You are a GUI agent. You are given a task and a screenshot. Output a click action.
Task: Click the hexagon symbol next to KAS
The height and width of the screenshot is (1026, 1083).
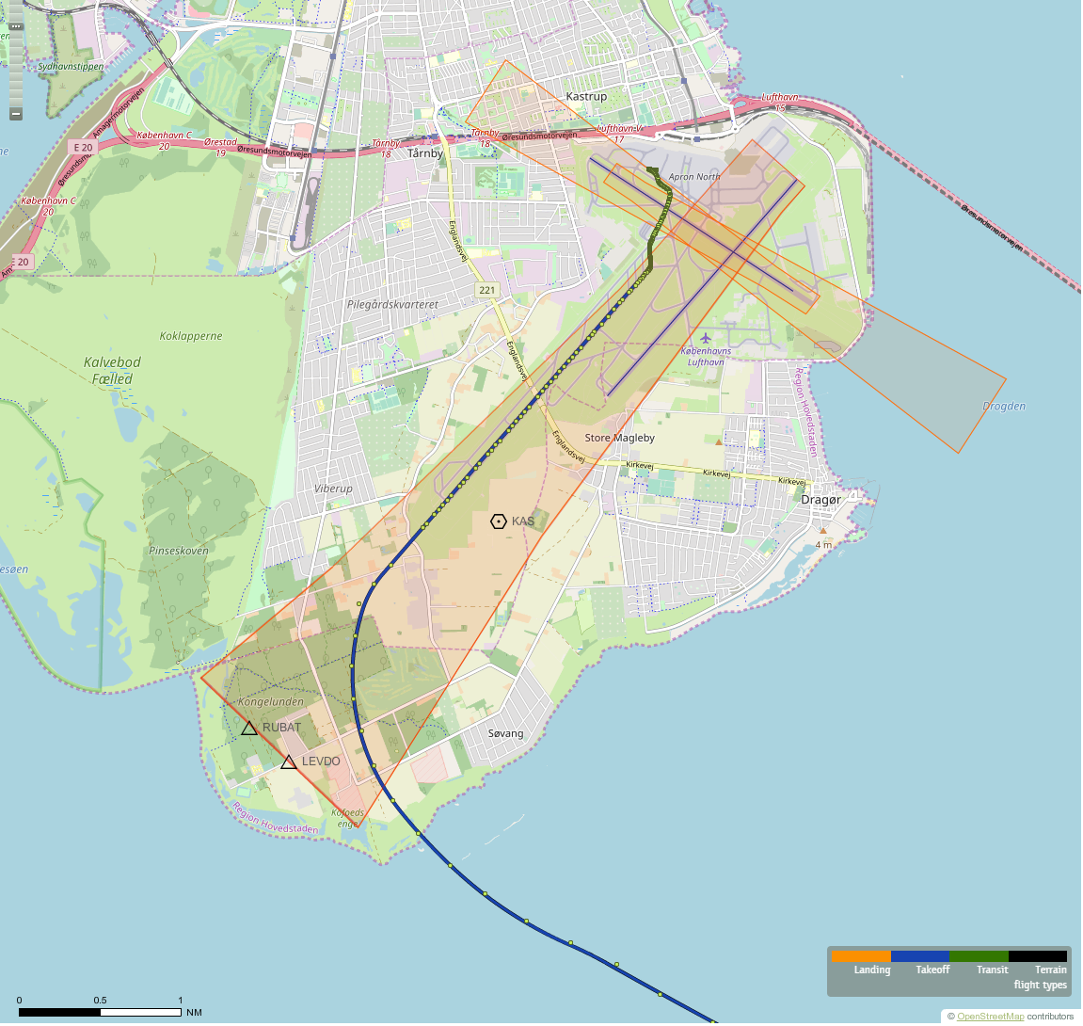499,521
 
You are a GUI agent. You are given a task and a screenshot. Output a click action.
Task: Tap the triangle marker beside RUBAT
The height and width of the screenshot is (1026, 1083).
249,728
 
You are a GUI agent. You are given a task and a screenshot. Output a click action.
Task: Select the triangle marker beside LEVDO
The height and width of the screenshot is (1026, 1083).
289,761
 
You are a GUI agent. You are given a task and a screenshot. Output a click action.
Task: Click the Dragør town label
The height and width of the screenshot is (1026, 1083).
820,500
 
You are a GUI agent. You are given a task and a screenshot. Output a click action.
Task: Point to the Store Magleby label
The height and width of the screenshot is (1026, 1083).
619,438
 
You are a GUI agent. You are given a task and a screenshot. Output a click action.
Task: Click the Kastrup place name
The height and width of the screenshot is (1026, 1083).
586,97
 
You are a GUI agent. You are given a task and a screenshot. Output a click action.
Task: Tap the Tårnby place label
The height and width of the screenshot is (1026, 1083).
425,153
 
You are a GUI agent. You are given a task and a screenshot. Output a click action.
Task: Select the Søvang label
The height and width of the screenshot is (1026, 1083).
506,733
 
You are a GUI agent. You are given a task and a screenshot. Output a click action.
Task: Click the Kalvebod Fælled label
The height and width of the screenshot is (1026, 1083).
113,371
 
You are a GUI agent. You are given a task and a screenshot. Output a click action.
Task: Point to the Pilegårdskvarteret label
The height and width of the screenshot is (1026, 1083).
392,305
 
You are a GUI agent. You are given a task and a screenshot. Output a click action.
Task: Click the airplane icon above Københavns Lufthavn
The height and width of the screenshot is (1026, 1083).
706,337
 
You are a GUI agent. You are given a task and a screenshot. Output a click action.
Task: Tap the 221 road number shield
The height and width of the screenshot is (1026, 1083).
486,290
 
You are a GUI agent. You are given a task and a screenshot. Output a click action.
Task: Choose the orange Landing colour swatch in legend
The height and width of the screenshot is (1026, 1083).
860,956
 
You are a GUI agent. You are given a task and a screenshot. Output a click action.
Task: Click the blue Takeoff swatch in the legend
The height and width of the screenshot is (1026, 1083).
919,956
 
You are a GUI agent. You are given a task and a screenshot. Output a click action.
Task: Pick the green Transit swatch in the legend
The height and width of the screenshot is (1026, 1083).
979,956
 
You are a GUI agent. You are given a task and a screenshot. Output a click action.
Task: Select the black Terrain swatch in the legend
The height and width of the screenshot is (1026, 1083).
1038,956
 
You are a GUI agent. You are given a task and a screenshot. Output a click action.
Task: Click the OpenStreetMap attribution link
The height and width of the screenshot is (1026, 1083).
990,1017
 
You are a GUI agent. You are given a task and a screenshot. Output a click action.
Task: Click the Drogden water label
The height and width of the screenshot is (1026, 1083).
1004,407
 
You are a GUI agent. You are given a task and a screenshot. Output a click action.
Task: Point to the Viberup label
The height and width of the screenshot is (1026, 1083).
333,489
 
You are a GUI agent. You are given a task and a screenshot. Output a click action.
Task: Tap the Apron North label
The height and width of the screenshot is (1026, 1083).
694,177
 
